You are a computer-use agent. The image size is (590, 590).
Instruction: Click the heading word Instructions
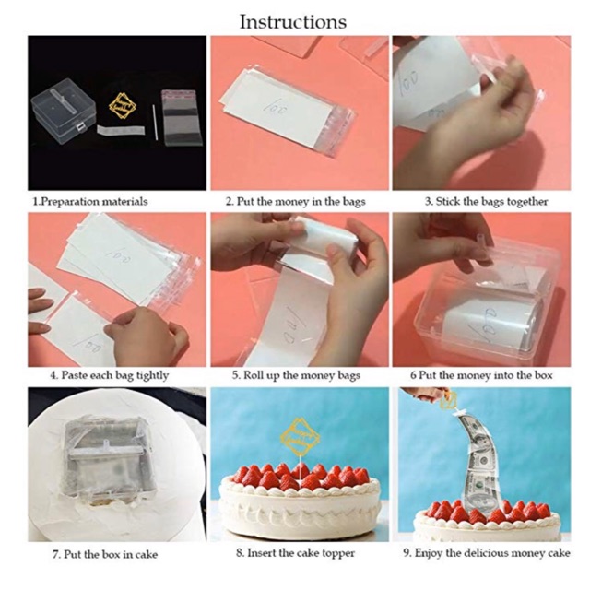click(x=293, y=22)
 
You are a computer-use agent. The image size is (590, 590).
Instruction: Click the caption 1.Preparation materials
click(x=90, y=201)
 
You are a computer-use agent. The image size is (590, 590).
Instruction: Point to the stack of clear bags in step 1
click(x=183, y=117)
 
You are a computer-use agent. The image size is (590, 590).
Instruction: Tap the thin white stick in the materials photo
click(x=155, y=123)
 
